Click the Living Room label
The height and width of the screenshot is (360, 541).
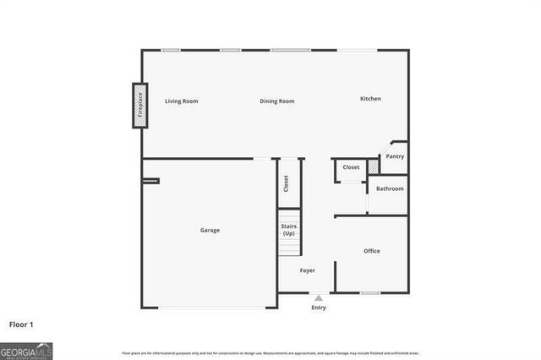click(x=182, y=101)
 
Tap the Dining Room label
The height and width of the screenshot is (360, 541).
click(x=277, y=101)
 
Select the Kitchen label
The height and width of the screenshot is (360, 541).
click(x=370, y=99)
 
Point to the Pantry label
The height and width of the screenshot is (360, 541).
click(x=395, y=156)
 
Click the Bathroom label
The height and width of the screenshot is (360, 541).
click(x=390, y=188)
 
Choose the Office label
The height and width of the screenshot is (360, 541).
click(x=372, y=251)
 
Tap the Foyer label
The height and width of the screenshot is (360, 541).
click(x=308, y=270)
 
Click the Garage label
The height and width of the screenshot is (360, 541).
click(x=210, y=230)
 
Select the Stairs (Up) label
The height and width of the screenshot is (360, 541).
click(x=289, y=229)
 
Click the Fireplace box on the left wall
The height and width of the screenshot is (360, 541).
click(x=139, y=106)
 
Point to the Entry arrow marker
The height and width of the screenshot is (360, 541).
click(x=318, y=297)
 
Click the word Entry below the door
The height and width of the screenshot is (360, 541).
click(x=318, y=308)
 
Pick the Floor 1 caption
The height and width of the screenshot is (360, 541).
click(x=21, y=324)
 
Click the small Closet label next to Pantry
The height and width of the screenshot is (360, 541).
click(x=351, y=167)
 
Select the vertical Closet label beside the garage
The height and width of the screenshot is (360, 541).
click(x=287, y=183)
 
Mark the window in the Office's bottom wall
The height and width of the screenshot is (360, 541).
click(x=369, y=292)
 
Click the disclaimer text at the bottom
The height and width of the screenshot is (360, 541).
click(x=270, y=352)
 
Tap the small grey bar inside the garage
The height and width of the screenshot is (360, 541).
click(x=150, y=180)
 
